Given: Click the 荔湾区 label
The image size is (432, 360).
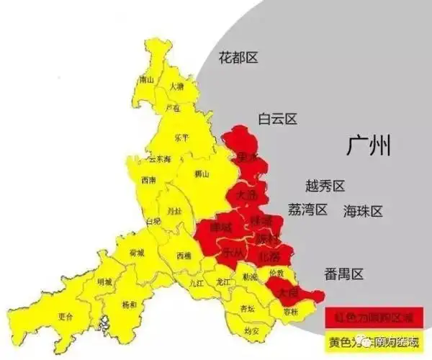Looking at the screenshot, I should tap(307, 210).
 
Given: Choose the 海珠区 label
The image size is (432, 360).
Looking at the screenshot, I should tap(363, 211).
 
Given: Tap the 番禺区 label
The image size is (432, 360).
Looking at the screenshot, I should tap(344, 274).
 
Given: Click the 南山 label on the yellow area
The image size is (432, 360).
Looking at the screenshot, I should tap(146, 78).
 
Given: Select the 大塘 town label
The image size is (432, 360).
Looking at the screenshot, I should tap(176, 86).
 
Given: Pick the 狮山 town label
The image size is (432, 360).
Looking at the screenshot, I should tap(202, 174).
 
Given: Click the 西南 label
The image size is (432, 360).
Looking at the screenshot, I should tap(149, 179).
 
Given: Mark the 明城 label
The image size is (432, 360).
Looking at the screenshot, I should tap(104, 282).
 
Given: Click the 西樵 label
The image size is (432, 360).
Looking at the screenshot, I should tap(184, 256).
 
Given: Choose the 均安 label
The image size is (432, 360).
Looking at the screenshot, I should tap(251, 330).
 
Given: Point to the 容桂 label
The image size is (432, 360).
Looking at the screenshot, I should tap(291, 311).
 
